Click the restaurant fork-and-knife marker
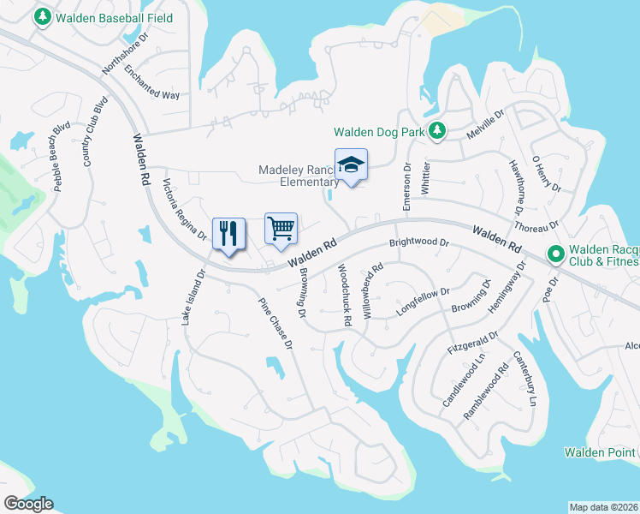point(228,234)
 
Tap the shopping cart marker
point(281,229)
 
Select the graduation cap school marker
point(351,165)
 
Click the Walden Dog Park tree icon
point(437,131)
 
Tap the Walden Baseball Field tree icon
point(41,18)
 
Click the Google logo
point(28,504)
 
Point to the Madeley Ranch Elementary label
point(299,176)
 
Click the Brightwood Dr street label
point(419,243)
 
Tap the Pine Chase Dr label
point(276,322)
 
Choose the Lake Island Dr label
point(193,297)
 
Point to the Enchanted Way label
point(151,83)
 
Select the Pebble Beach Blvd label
point(61,156)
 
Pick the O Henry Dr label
point(546,174)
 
